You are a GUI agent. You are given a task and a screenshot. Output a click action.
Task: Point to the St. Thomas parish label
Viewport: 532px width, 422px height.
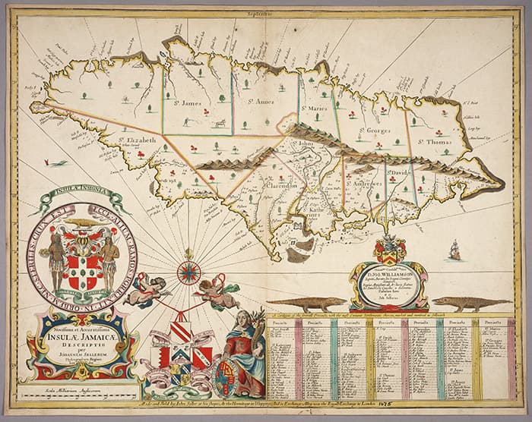[x=435, y=140]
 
